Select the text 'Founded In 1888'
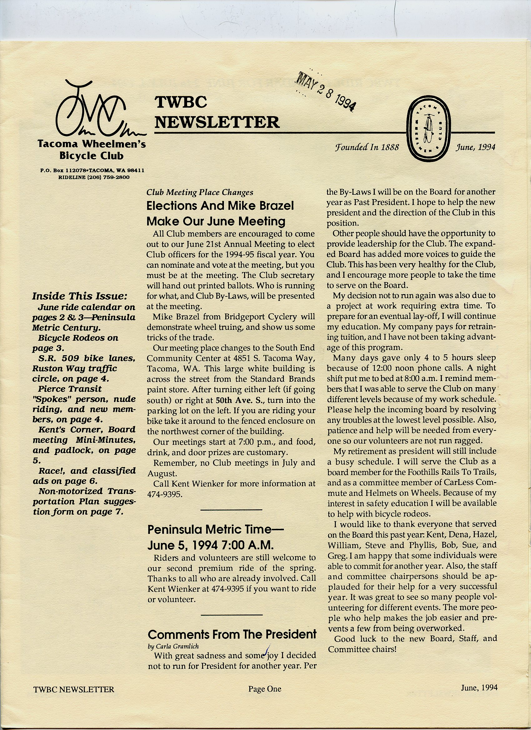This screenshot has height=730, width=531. [367, 148]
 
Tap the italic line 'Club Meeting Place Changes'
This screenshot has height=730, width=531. [200, 193]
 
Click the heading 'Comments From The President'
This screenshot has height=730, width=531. [232, 634]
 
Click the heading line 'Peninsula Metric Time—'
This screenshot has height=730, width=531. [216, 529]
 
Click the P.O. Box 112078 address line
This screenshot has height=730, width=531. [92, 170]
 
